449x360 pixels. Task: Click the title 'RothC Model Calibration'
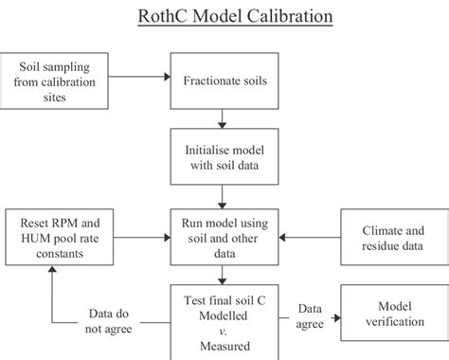[x=224, y=17]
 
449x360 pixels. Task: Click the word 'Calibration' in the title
[x=286, y=17]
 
